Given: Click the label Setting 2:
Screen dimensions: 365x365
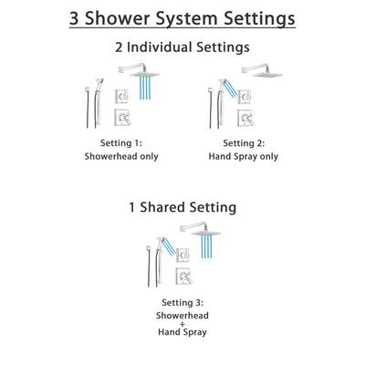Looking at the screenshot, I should point(242,143).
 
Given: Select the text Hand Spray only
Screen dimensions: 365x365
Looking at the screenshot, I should point(242,156).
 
